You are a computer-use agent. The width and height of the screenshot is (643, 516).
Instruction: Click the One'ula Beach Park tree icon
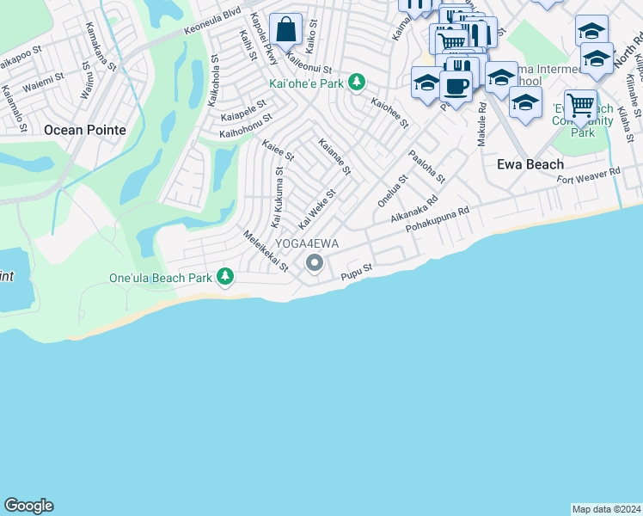(225, 276)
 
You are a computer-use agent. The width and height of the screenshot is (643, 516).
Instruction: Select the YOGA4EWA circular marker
(315, 263)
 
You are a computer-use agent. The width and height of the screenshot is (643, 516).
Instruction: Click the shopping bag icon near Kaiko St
(286, 31)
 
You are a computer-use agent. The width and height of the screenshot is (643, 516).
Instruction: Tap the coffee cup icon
(456, 86)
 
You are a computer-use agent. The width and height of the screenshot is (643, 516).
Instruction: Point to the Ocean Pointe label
(84, 130)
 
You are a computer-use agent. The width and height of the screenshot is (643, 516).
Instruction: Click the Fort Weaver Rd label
(588, 176)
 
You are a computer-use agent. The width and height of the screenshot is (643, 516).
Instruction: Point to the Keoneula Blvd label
(213, 25)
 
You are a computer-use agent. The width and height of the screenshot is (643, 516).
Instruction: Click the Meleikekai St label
(266, 252)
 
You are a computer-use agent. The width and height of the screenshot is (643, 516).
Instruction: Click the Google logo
(28, 506)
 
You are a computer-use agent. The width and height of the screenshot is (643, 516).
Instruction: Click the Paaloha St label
(426, 167)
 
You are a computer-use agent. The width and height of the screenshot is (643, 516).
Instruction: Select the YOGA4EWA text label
(307, 244)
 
